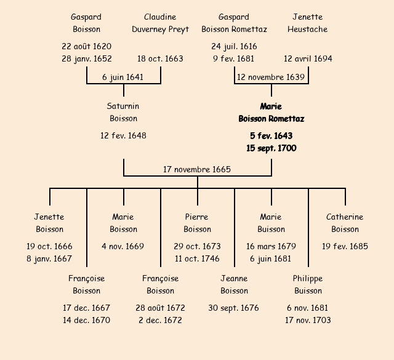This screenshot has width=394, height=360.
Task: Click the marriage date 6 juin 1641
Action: tap(124, 77)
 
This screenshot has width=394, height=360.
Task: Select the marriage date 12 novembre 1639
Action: tap(271, 77)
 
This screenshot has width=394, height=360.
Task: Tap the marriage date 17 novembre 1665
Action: tap(197, 169)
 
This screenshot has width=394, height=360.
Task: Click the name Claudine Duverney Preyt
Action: tap(160, 23)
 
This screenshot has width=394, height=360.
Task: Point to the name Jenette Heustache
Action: tap(307, 23)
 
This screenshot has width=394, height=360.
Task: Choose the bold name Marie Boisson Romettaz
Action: tap(271, 113)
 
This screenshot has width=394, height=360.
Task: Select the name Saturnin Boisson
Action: tap(124, 113)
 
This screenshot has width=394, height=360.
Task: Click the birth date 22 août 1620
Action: tap(87, 46)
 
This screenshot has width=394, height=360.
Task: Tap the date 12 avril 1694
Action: tap(308, 59)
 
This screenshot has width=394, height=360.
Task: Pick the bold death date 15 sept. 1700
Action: tap(271, 148)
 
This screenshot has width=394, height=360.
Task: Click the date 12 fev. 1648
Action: tap(124, 135)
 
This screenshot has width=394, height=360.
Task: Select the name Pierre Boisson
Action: tap(197, 223)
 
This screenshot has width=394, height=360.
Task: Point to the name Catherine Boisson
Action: tap(345, 223)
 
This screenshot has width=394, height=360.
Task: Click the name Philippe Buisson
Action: tap(308, 285)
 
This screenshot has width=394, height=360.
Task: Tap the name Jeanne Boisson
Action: tap(234, 285)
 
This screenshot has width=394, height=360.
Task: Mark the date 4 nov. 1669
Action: tap(123, 246)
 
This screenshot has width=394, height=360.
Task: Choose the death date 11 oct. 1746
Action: tap(197, 258)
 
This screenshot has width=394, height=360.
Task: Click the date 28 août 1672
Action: tap(160, 308)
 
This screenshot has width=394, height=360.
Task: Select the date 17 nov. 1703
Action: tap(308, 320)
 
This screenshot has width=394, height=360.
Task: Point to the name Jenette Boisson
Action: tap(49, 223)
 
